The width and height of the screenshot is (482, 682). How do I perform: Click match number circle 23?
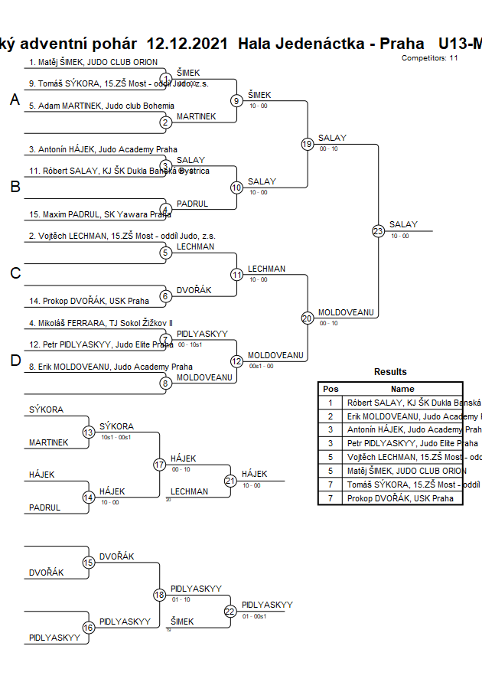click(x=378, y=230)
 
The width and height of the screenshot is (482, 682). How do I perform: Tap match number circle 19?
click(x=307, y=144)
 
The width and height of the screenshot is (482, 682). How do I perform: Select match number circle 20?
click(x=307, y=318)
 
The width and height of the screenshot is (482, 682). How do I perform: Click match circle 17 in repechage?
click(x=159, y=465)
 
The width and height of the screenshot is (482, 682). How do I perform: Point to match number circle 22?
click(x=230, y=611)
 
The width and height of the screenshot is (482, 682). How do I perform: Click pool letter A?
click(x=15, y=100)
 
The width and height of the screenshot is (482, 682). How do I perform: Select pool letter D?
click(x=15, y=361)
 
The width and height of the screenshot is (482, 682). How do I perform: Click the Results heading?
click(x=390, y=372)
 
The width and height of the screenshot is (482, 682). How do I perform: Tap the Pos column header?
click(x=331, y=389)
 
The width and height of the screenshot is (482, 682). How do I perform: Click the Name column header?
click(x=402, y=389)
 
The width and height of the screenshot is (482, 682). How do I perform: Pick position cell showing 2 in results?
click(x=331, y=416)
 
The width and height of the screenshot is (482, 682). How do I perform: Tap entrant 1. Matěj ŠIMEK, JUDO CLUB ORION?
click(x=93, y=62)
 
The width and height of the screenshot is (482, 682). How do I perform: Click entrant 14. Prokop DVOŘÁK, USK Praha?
click(x=89, y=301)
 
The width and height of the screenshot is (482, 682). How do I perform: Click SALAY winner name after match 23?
click(x=403, y=224)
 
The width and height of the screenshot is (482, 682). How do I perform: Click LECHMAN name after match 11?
click(x=266, y=269)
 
